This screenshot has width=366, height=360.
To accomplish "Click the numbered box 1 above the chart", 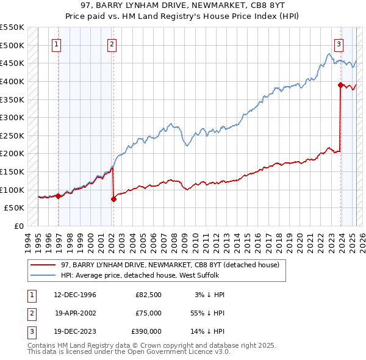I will pyautogui.click(x=56, y=43).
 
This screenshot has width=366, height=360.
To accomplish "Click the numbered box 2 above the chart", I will pyautogui.click(x=112, y=43).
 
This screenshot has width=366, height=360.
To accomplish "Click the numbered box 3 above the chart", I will pyautogui.click(x=339, y=43).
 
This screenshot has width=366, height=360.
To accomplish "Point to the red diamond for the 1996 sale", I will pyautogui.click(x=58, y=196).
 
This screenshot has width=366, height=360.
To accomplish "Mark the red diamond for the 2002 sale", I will pyautogui.click(x=113, y=199).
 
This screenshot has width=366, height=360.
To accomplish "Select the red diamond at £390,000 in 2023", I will pyautogui.click(x=340, y=85).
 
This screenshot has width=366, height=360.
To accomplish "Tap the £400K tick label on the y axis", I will pyautogui.click(x=12, y=81).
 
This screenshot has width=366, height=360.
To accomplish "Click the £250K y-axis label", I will pyautogui.click(x=12, y=135).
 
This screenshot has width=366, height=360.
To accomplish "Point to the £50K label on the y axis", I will pyautogui.click(x=14, y=207).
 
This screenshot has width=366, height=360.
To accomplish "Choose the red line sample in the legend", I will pyautogui.click(x=44, y=265).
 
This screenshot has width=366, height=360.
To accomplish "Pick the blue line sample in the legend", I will pyautogui.click(x=44, y=275).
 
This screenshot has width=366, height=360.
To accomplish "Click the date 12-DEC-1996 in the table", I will pyautogui.click(x=75, y=295).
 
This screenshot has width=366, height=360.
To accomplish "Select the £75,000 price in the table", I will pyautogui.click(x=148, y=313).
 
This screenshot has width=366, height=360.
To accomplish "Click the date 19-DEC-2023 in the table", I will pyautogui.click(x=75, y=331).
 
